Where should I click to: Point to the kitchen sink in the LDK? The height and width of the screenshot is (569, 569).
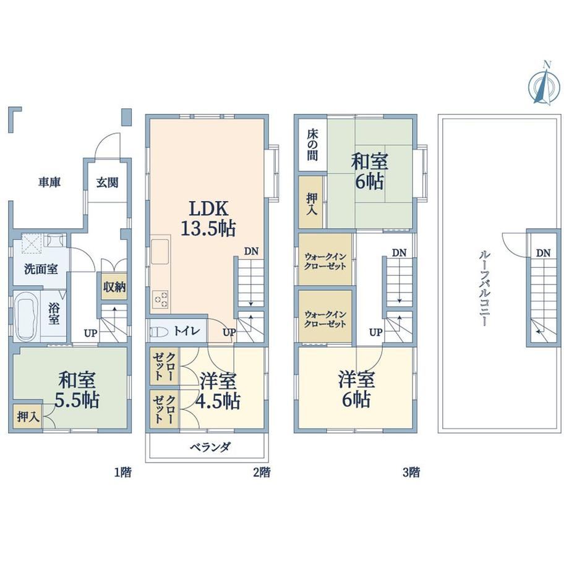point(160,252)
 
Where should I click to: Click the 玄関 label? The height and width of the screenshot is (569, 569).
point(107,182)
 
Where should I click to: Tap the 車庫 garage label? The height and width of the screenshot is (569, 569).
point(49,182)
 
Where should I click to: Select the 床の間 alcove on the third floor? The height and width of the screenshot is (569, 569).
point(312,145)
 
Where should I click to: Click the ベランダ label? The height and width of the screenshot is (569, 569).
point(210,447)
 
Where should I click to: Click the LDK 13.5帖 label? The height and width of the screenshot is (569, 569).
point(208,219)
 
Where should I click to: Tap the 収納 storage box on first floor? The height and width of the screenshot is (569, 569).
point(114,286)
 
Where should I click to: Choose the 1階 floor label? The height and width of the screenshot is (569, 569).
point(122,473)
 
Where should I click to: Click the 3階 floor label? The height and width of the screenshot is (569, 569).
point(411,473)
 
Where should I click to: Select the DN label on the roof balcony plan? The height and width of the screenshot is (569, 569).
point(543,253)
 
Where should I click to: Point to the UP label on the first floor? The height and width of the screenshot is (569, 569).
point(91,332)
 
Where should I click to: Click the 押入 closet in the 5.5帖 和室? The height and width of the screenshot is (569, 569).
point(28,417)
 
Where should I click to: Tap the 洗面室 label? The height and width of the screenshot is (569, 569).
point(41,269)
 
